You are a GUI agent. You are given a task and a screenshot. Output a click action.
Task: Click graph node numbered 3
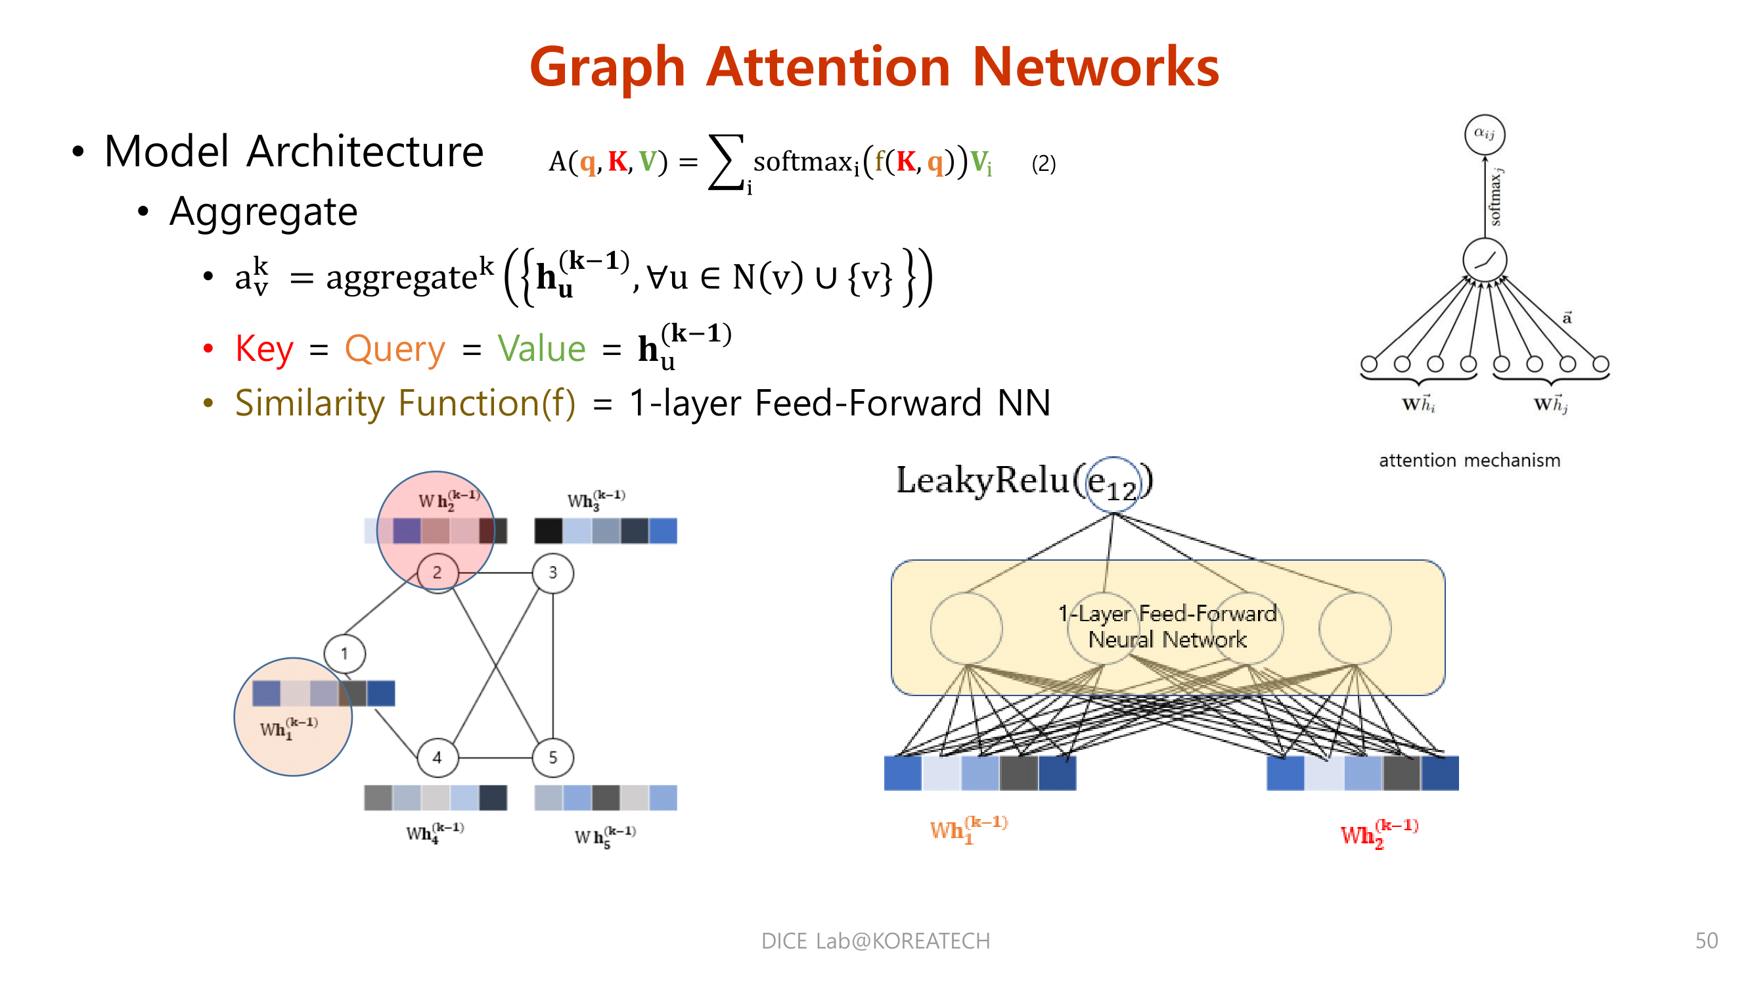click(552, 573)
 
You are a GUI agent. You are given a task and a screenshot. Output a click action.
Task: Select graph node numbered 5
click(552, 757)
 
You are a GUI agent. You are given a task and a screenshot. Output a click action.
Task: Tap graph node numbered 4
click(437, 757)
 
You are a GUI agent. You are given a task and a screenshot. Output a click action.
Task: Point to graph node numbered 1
click(344, 654)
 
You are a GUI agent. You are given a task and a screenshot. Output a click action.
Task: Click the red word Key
click(264, 349)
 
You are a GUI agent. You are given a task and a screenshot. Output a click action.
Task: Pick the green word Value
click(541, 349)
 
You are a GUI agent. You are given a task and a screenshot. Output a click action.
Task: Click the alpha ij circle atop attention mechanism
click(1484, 134)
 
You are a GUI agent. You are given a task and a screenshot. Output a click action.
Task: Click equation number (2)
click(1043, 164)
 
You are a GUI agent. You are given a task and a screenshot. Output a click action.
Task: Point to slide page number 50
click(1706, 941)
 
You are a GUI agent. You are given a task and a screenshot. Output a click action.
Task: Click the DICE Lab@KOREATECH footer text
click(875, 941)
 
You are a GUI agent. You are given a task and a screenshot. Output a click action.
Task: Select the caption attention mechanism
click(1469, 461)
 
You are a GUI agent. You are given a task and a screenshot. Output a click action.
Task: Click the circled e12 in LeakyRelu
click(1113, 484)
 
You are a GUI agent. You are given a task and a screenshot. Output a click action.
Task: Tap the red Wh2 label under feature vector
click(1378, 833)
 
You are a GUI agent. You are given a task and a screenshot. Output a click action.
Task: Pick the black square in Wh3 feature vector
click(548, 530)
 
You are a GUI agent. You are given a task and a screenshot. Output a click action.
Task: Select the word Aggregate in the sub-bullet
click(263, 212)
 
